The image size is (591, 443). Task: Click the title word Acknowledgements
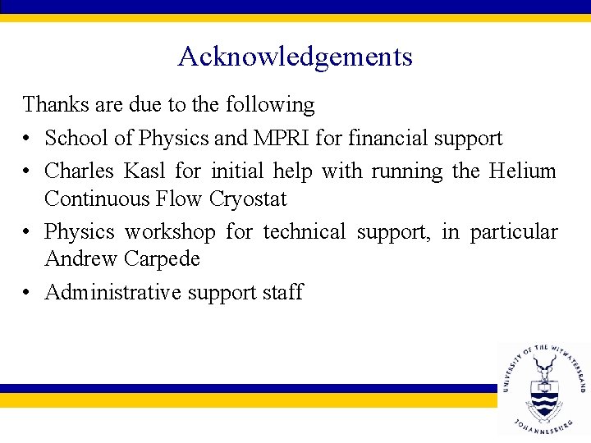click(295, 57)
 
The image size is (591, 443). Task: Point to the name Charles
click(79, 171)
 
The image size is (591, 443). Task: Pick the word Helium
click(523, 171)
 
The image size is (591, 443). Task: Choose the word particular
click(514, 233)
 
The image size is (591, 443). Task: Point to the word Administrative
click(112, 292)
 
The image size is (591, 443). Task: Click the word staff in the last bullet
click(282, 292)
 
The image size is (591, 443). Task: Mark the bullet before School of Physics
click(29, 139)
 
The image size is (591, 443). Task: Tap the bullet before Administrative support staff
click(29, 293)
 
